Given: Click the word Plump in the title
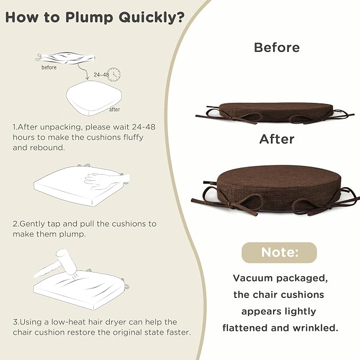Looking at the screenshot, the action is click(x=89, y=17).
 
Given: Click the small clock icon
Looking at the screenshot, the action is click(x=114, y=74).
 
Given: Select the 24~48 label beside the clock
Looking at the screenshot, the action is click(x=101, y=75).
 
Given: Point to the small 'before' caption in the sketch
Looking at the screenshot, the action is click(x=49, y=67).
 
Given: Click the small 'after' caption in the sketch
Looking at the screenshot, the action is click(x=115, y=110).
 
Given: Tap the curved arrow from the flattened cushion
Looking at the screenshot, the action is click(x=84, y=72).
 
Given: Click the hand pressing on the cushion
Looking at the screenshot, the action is click(x=106, y=180).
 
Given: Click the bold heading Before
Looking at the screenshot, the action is click(x=277, y=48).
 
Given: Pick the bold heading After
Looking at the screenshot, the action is click(x=277, y=139).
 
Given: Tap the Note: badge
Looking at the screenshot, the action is click(x=279, y=252).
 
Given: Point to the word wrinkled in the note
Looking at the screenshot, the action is click(x=315, y=328).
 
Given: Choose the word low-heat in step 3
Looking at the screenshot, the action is click(x=68, y=322).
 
